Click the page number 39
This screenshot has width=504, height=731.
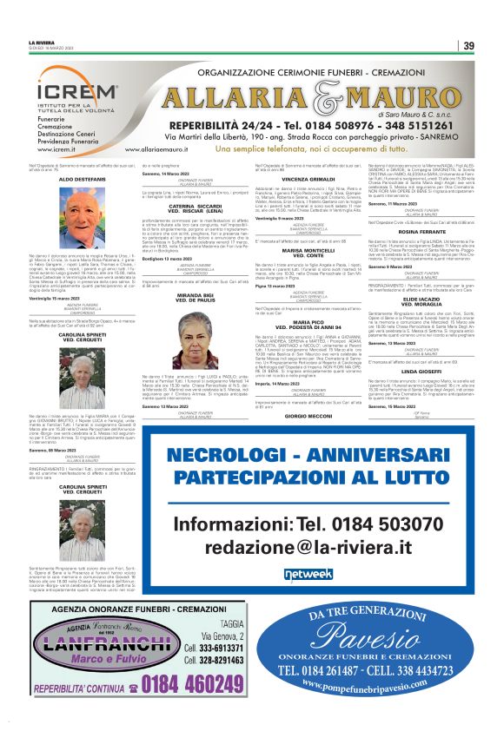click(x=468, y=46)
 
